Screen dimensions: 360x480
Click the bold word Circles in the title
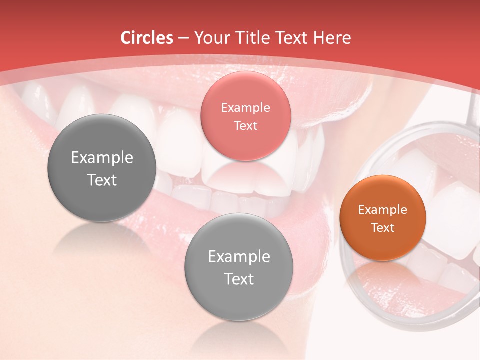pyautogui.click(x=147, y=38)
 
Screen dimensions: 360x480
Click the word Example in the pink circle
pyautogui.click(x=245, y=107)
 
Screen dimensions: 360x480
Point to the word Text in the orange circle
pyautogui.click(x=383, y=227)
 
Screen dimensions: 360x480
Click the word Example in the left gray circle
pyautogui.click(x=102, y=158)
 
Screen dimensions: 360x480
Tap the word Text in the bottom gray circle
pyautogui.click(x=239, y=279)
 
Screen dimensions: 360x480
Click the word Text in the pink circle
pyautogui.click(x=245, y=125)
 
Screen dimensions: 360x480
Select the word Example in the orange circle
pyautogui.click(x=383, y=209)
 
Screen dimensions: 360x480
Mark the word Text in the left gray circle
pyautogui.click(x=102, y=180)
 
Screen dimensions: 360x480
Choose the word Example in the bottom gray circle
pyautogui.click(x=239, y=257)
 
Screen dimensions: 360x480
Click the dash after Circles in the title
pyautogui.click(x=183, y=38)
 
